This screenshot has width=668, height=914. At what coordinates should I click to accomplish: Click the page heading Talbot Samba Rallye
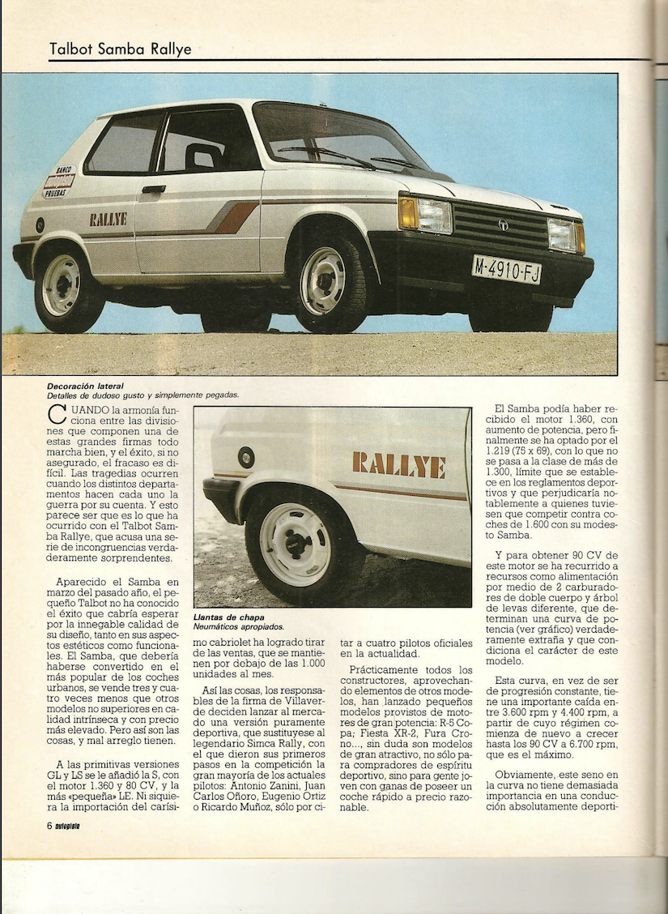[x=121, y=49]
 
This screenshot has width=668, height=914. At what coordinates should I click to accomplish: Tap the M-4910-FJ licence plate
[x=506, y=269]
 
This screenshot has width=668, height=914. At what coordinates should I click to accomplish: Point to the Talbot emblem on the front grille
[x=503, y=224]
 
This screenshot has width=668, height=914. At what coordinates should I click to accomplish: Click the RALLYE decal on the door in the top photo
[x=108, y=219]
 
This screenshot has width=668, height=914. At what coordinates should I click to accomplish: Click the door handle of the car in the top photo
[x=153, y=189]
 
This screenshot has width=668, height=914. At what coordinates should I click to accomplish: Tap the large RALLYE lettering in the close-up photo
[x=398, y=465]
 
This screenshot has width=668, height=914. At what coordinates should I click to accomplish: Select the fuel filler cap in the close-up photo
[x=246, y=458]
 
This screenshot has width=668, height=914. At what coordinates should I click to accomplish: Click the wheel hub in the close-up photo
[x=296, y=544]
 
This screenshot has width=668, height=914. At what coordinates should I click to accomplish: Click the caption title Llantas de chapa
[x=229, y=617]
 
